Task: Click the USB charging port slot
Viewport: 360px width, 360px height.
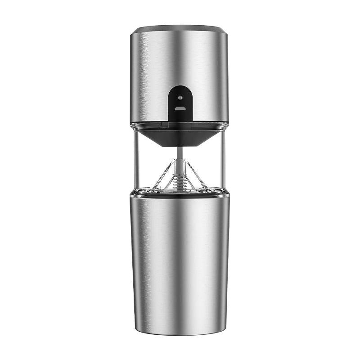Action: (180, 108)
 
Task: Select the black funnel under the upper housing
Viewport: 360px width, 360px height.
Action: (180, 137)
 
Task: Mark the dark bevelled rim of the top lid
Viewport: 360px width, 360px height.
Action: (180, 28)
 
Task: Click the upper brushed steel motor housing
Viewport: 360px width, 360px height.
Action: (202, 67)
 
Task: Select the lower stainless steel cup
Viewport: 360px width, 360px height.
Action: (180, 261)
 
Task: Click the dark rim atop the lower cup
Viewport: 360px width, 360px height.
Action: (180, 193)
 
